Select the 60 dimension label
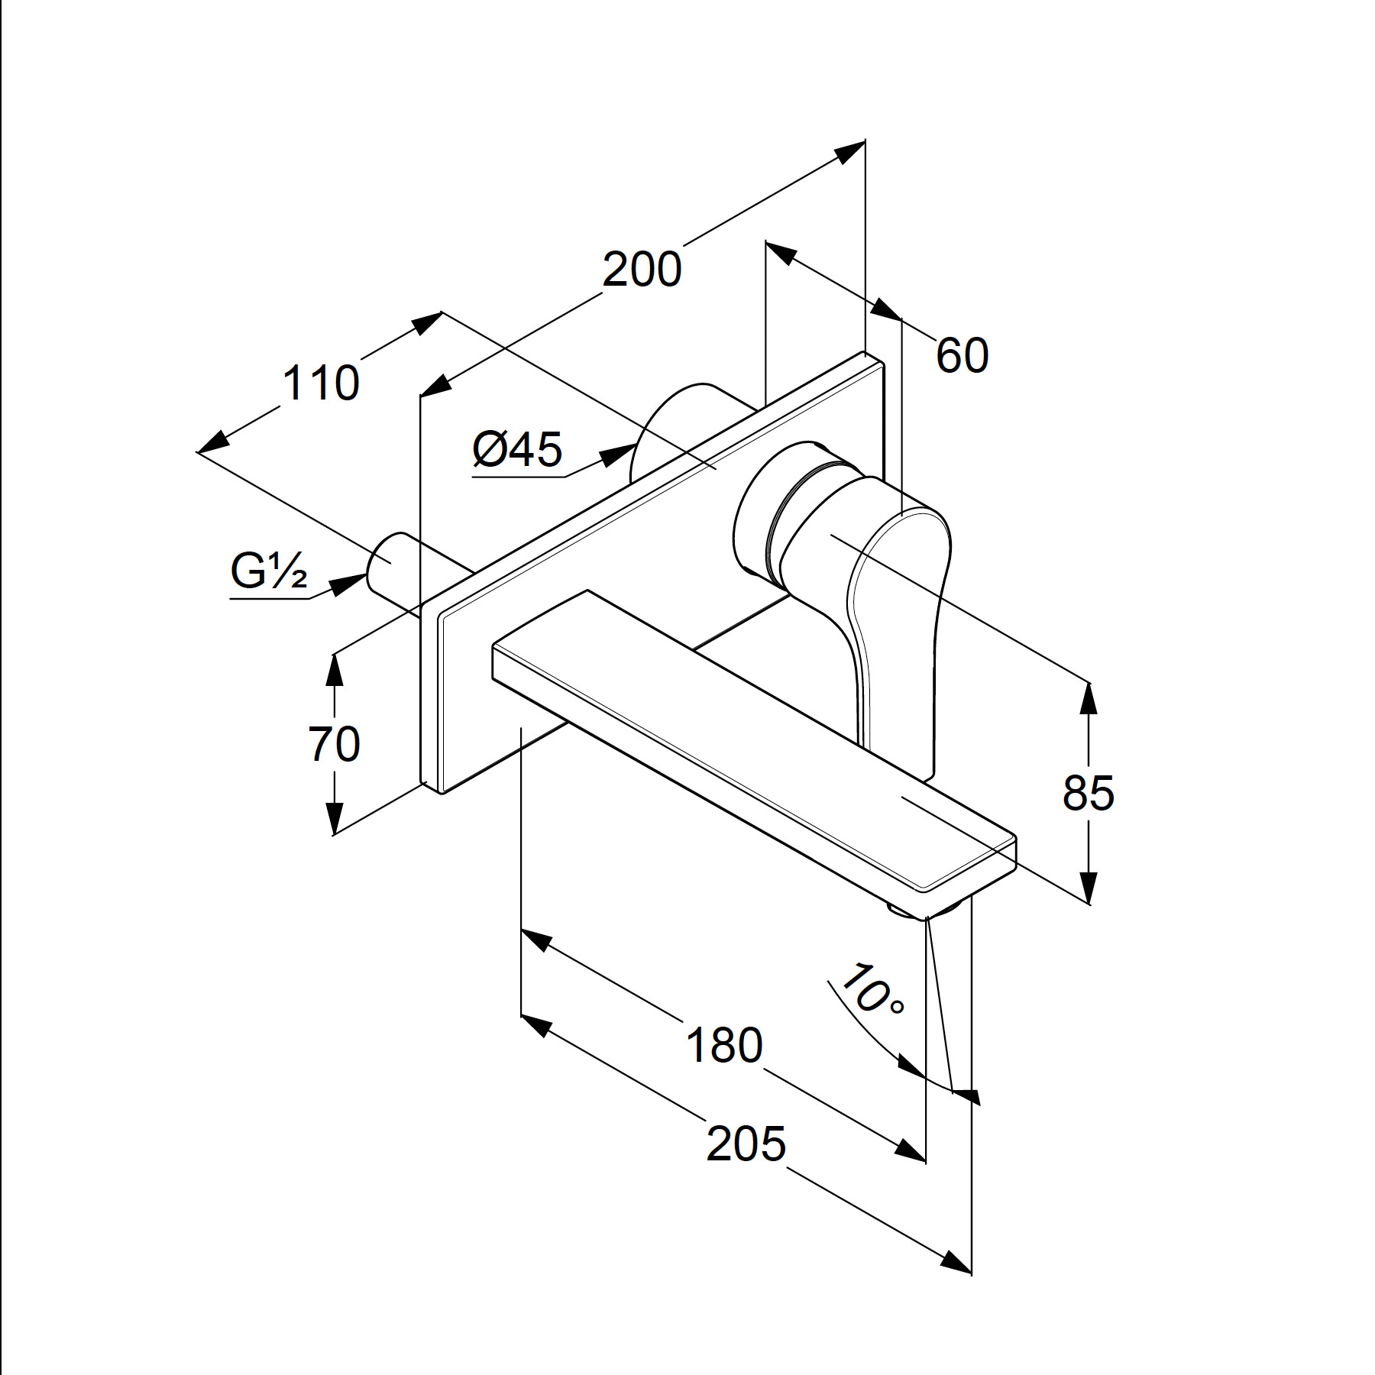click(x=962, y=355)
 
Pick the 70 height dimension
click(x=334, y=744)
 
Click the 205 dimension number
click(x=746, y=1144)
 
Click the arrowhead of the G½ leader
click(x=348, y=584)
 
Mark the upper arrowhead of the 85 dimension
click(x=1089, y=698)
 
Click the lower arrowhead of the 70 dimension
click(x=334, y=817)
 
